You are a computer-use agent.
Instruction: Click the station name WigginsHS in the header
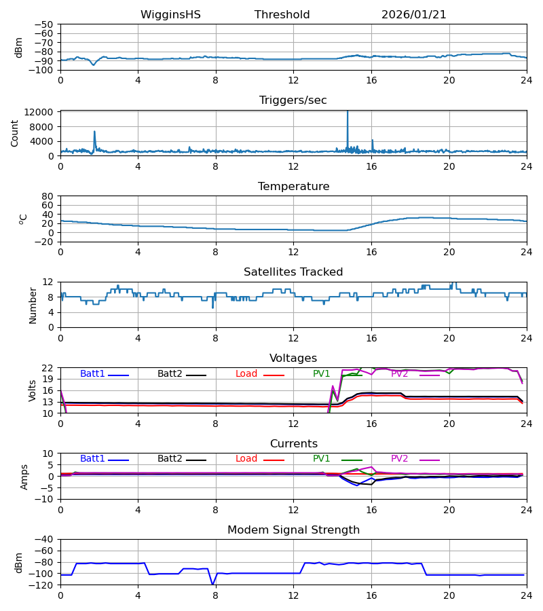click(x=170, y=15)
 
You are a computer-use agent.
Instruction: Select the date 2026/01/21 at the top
click(x=414, y=15)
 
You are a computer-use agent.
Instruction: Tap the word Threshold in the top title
click(x=282, y=15)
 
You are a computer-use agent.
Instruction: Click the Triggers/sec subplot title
click(x=293, y=100)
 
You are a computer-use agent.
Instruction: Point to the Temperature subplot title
click(x=293, y=187)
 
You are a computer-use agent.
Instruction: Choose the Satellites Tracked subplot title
click(x=293, y=272)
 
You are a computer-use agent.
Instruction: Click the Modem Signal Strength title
click(x=293, y=530)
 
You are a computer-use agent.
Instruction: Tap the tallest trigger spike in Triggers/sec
click(x=348, y=113)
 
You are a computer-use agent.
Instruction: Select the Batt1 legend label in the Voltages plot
click(x=93, y=374)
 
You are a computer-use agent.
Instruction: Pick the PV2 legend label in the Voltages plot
click(x=400, y=374)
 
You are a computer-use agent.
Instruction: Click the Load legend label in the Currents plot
click(x=246, y=459)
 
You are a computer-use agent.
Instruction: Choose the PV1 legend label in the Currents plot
click(x=322, y=459)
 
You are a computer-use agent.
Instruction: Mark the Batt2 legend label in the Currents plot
click(x=170, y=459)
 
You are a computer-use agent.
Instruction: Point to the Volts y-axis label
click(x=33, y=390)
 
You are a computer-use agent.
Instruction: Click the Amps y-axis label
click(x=24, y=477)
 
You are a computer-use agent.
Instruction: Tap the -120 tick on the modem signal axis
click(x=43, y=585)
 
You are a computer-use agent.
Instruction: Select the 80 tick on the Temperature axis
click(x=48, y=196)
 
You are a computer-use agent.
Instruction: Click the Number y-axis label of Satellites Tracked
click(x=33, y=305)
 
